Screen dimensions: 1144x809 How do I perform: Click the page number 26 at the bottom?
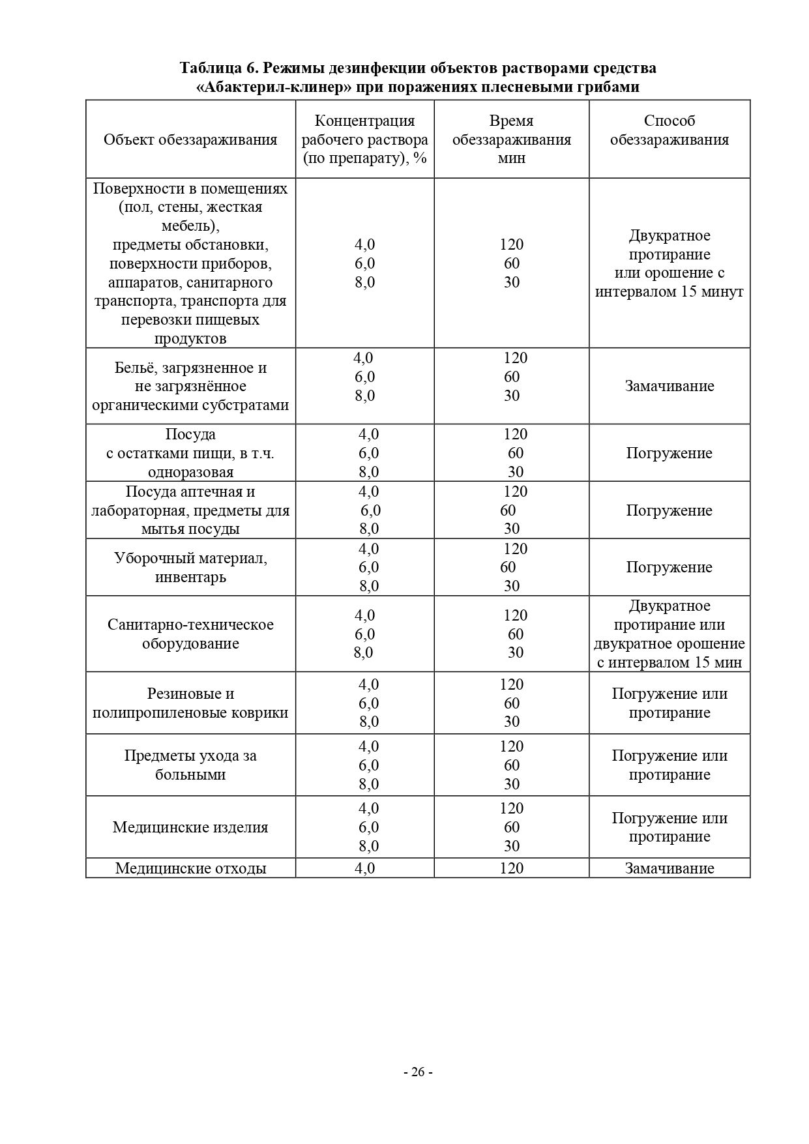click(418, 1072)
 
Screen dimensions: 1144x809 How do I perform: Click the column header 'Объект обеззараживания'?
click(190, 139)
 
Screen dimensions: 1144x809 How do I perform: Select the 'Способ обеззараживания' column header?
click(669, 130)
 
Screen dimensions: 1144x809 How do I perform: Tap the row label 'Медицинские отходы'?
click(190, 868)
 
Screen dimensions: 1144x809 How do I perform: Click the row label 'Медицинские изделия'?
click(190, 827)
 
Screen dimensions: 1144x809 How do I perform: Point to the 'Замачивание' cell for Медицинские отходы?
click(669, 868)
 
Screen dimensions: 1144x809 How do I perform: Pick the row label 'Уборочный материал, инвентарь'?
click(190, 567)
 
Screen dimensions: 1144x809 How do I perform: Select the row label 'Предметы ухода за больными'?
click(190, 765)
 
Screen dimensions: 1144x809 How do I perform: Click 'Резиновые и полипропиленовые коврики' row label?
click(190, 703)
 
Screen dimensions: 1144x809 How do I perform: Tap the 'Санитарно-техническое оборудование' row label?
click(190, 634)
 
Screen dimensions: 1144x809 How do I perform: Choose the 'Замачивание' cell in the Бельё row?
click(669, 386)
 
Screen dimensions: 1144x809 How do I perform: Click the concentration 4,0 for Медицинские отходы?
click(365, 868)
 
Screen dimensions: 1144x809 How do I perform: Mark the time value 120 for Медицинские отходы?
click(512, 868)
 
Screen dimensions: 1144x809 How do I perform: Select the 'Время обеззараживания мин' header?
click(512, 139)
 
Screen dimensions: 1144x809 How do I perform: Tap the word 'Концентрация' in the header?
click(365, 121)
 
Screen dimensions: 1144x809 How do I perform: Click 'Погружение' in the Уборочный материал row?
click(669, 567)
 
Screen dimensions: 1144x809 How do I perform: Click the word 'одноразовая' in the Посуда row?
click(190, 472)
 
